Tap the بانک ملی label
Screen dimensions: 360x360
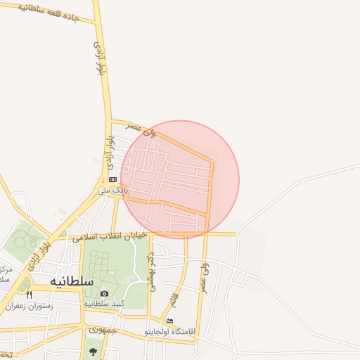tap(112, 191)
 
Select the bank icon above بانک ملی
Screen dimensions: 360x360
tap(112, 180)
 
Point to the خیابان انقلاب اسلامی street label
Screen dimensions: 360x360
tap(112, 235)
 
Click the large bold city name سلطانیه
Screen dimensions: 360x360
tap(72, 281)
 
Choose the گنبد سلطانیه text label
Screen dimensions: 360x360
tap(104, 304)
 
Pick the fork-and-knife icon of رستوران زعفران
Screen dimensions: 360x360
tap(29, 295)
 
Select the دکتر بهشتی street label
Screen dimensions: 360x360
tap(150, 267)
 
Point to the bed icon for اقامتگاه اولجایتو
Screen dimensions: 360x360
tap(169, 321)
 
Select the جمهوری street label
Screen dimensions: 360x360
tap(102, 330)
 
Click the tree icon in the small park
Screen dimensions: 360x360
tap(92, 351)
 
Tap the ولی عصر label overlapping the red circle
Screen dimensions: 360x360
tap(140, 129)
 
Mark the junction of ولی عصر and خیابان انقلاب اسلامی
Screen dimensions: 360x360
tap(207, 233)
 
